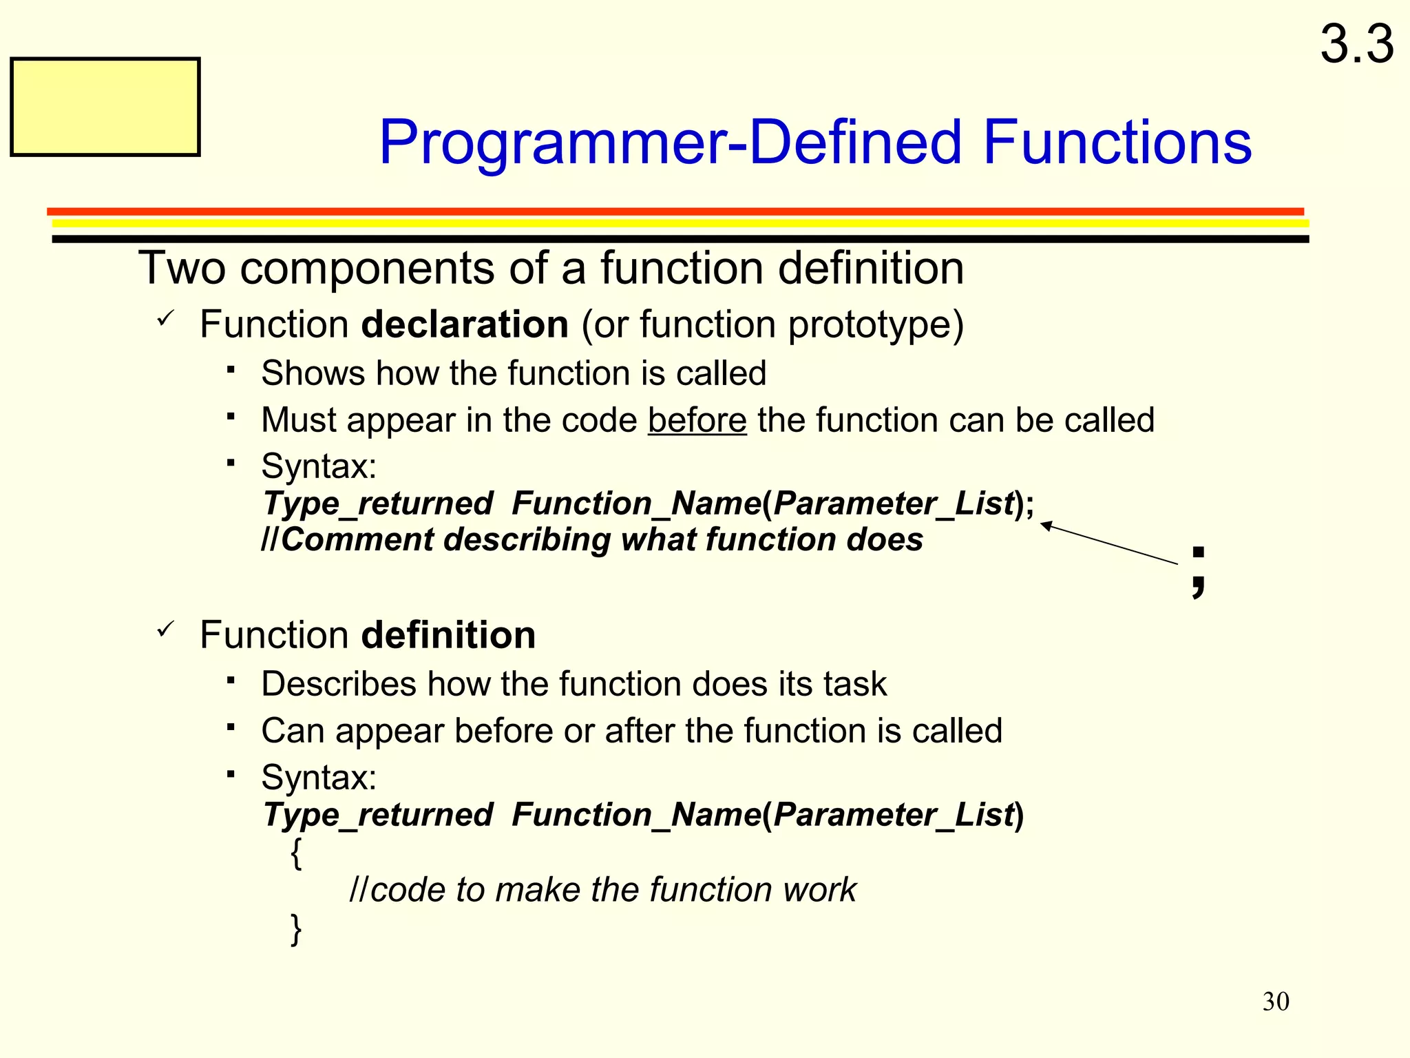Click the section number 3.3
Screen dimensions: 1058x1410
click(x=1356, y=45)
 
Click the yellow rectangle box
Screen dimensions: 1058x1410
click(x=105, y=107)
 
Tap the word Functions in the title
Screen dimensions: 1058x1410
click(x=1117, y=143)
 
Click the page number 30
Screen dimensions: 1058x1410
click(x=1276, y=1002)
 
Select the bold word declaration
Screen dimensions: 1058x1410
click(x=465, y=324)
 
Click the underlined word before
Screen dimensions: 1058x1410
click(x=697, y=420)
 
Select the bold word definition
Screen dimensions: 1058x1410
click(x=448, y=635)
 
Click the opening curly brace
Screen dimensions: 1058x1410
click(x=296, y=853)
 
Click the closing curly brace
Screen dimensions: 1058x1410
click(x=296, y=929)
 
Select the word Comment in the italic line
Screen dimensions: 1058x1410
click(x=357, y=539)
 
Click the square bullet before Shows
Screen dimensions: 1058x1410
click(x=231, y=370)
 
